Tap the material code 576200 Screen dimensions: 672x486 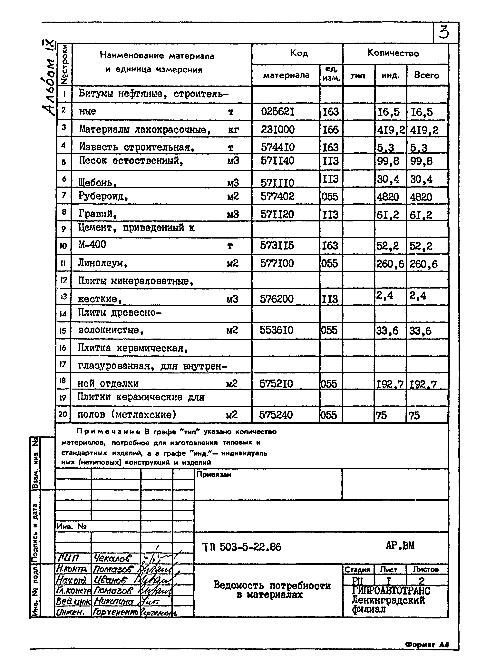(277, 299)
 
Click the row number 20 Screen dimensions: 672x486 (63, 414)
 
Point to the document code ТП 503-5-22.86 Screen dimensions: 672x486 (241, 547)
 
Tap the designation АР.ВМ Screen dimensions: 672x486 (400, 545)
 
